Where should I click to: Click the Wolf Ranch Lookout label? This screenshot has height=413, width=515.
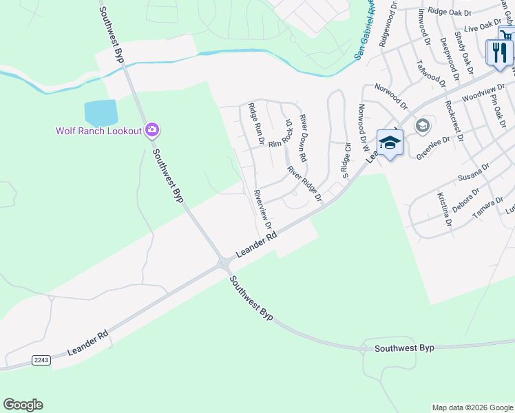pos(98,130)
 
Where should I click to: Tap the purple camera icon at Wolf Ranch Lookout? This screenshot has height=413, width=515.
pos(152,129)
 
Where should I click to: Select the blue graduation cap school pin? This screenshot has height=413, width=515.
pos(390,143)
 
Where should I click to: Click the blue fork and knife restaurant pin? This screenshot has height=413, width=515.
pos(499,53)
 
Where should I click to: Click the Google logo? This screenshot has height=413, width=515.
pos(23,405)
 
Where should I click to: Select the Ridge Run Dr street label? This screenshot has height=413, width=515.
pos(256,124)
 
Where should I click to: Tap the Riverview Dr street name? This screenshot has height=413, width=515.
pos(263,210)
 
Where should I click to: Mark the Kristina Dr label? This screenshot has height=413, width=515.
pos(443,209)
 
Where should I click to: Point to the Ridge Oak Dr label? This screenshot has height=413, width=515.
pos(449,12)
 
